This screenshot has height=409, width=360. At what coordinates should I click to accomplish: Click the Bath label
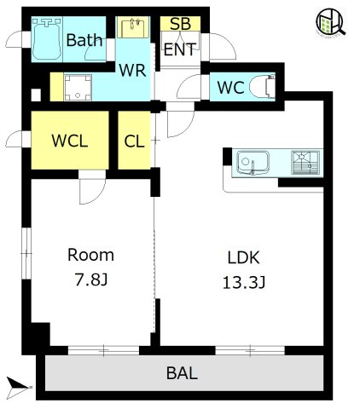84,40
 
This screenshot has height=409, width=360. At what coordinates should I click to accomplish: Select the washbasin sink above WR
133,27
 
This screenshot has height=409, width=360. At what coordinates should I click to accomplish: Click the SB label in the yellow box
180,24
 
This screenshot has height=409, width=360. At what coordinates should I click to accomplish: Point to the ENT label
180,49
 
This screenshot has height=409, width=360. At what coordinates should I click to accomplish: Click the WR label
132,71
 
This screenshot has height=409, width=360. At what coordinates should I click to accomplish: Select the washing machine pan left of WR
78,87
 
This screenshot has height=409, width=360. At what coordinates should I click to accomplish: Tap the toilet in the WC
263,87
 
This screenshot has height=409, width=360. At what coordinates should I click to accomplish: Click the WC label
231,88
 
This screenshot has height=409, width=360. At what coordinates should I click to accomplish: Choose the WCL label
70,141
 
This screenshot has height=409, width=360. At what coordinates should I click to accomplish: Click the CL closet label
134,141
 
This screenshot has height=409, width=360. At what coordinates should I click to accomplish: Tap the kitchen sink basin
253,162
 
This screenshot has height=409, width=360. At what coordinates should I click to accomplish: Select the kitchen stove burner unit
305,163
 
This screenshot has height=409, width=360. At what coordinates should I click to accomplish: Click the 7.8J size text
90,279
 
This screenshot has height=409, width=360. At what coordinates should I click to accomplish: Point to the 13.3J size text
244,283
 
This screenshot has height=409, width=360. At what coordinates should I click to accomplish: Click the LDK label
244,258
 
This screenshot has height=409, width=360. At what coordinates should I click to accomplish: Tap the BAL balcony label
182,373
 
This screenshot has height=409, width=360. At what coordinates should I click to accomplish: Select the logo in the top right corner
331,22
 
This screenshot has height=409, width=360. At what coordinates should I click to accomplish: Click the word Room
90,255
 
